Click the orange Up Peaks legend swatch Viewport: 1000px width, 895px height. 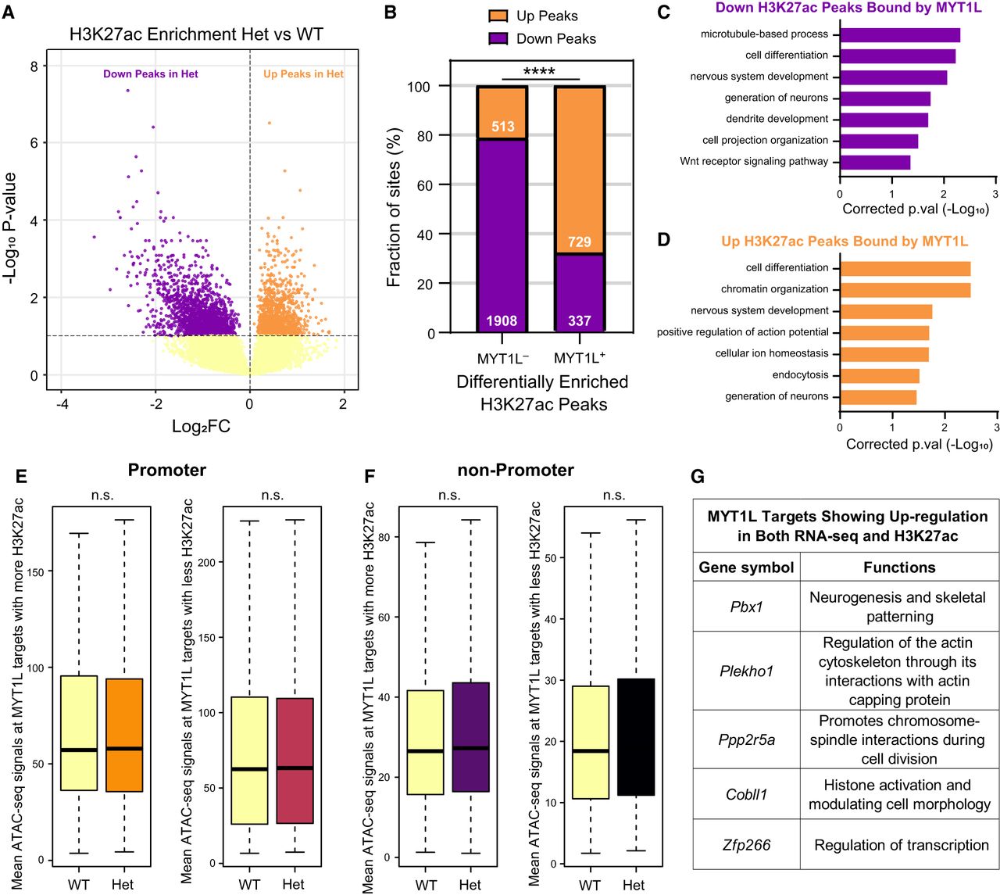tap(498, 16)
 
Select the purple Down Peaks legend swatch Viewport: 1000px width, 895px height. tap(498, 38)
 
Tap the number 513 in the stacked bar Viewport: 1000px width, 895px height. tap(502, 127)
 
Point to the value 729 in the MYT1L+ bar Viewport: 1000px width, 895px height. tap(579, 242)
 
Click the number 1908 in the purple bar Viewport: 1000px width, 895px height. tap(502, 321)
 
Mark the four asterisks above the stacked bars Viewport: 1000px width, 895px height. tap(539, 72)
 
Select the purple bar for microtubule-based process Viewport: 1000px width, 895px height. tap(900, 35)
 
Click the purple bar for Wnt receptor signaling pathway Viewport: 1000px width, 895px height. tap(875, 163)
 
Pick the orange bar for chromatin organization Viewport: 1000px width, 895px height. tap(905, 290)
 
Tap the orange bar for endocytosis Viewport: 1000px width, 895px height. tap(880, 376)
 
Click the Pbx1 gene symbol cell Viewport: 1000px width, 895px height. tap(746, 606)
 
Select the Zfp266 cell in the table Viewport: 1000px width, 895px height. tap(746, 845)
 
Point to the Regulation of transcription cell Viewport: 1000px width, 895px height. tap(900, 845)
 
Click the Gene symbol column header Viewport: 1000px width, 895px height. tap(746, 567)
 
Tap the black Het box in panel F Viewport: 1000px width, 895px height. tap(636, 737)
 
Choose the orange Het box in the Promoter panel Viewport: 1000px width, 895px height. tap(124, 735)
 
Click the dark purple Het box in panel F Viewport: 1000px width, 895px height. tap(471, 737)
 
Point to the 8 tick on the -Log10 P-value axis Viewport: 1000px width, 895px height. tap(34, 66)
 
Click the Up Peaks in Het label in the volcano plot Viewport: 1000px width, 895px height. tap(303, 74)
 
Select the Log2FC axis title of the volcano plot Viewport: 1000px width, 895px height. tap(201, 426)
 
